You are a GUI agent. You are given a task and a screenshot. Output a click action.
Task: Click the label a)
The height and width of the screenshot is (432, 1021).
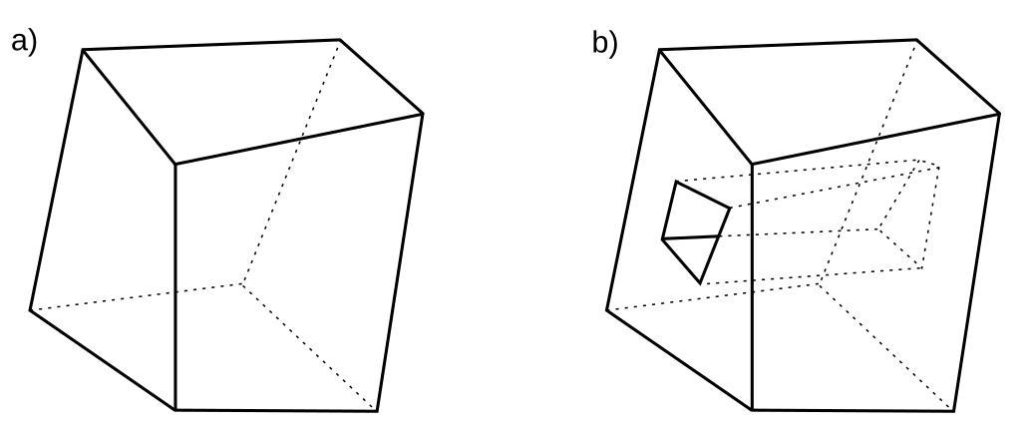(x=23, y=42)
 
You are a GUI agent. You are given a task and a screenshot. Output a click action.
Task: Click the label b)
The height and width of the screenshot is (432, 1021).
(x=605, y=43)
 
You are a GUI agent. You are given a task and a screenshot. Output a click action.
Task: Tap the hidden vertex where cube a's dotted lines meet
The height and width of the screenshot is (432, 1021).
(x=240, y=284)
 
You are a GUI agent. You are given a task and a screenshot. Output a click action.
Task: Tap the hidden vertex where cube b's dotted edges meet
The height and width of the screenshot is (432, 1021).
(x=818, y=284)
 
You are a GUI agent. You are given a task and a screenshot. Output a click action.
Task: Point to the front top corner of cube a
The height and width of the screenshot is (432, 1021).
(x=175, y=164)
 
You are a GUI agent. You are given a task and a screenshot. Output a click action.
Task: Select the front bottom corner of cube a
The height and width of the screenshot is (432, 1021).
(x=175, y=409)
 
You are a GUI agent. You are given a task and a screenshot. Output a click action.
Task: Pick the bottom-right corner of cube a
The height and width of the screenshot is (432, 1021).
(x=378, y=410)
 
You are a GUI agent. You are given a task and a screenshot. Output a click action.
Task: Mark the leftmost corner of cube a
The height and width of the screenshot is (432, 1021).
(x=30, y=309)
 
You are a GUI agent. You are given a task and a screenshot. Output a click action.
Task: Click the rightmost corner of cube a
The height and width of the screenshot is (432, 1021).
(x=423, y=114)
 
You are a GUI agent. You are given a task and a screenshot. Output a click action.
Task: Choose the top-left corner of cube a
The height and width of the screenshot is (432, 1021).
(x=83, y=49)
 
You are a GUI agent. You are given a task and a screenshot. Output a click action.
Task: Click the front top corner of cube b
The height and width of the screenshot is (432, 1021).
(x=752, y=164)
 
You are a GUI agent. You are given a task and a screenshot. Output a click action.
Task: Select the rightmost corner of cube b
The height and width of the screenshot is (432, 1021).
(x=1000, y=114)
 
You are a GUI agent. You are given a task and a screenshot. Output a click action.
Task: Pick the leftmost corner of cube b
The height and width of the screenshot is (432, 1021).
(x=607, y=309)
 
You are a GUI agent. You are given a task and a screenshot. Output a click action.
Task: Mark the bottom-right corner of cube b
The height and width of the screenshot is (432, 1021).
(x=954, y=410)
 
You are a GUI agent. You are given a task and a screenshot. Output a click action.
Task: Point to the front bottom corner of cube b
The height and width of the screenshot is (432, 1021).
(x=752, y=409)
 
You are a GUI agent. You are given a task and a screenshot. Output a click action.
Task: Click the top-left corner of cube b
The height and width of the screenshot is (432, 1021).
(x=660, y=49)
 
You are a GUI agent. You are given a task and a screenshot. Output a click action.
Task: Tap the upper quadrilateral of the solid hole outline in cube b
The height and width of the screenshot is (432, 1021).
(x=696, y=212)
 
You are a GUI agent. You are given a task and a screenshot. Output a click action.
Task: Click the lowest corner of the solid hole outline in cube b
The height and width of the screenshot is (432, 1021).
(x=702, y=282)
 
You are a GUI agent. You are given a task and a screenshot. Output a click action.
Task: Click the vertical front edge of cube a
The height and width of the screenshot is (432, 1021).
(x=175, y=289)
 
